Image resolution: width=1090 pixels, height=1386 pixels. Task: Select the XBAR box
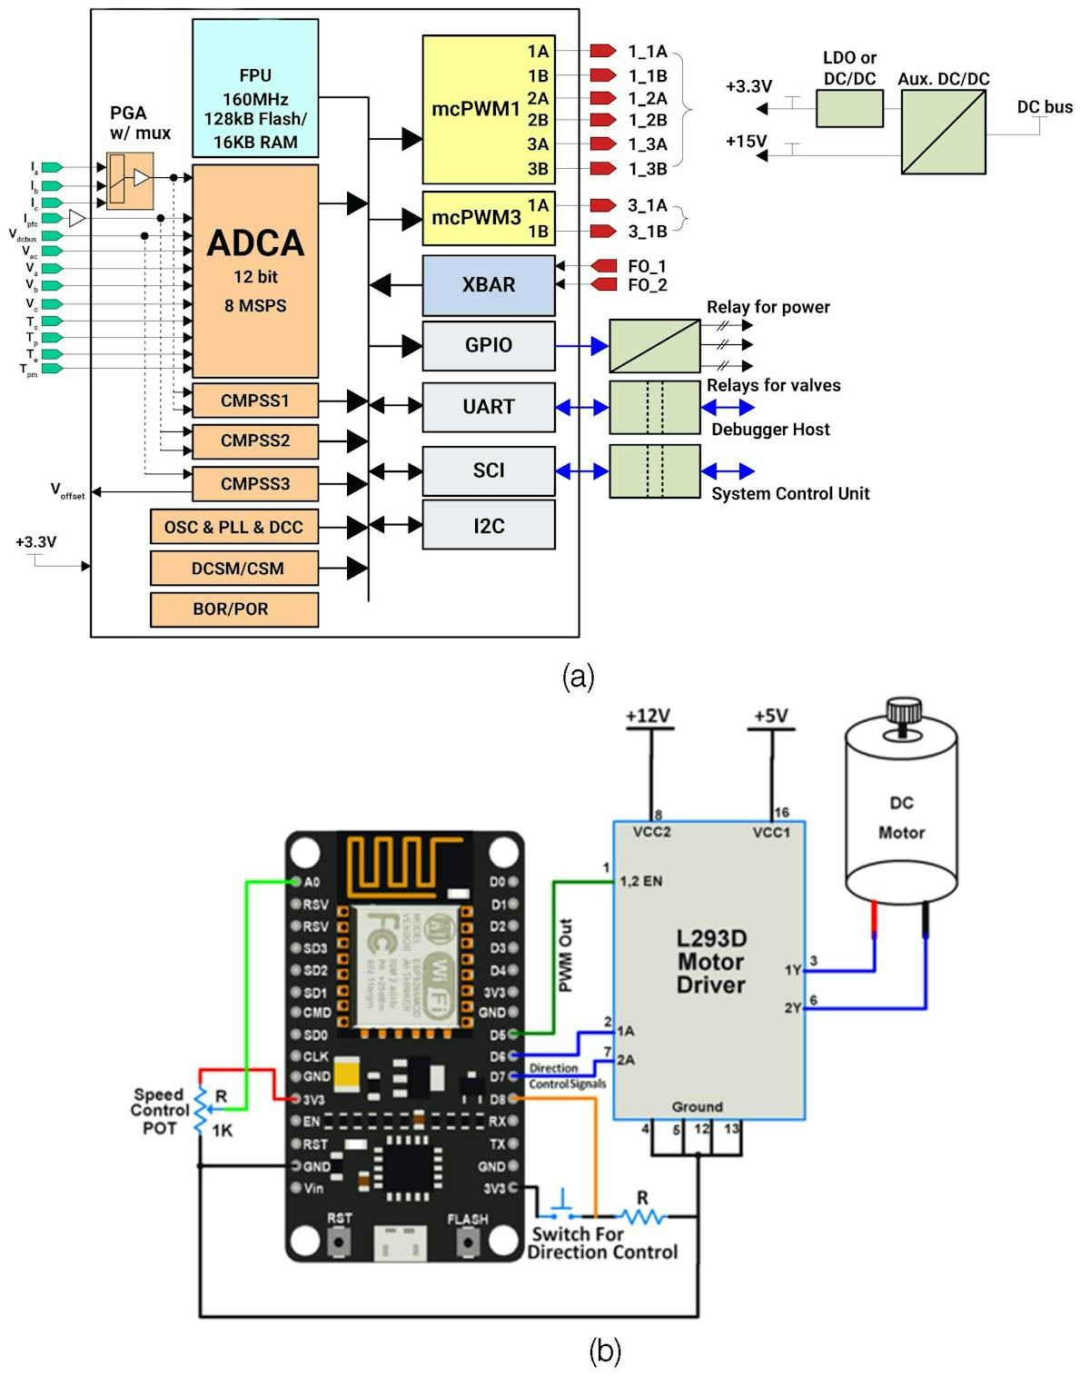[x=489, y=285]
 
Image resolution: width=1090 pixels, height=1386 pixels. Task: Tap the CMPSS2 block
[x=255, y=441]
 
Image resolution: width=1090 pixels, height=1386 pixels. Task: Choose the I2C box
[x=489, y=526]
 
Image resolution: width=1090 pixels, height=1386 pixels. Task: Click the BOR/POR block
[x=234, y=609]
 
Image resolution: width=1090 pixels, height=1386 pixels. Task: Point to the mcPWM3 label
[x=476, y=218]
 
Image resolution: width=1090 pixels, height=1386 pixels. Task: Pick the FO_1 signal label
[x=647, y=266]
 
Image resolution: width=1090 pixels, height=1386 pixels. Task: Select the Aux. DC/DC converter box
[x=943, y=132]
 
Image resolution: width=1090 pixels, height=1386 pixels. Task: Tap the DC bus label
[x=1045, y=107]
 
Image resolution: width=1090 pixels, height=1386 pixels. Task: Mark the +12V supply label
[x=649, y=717]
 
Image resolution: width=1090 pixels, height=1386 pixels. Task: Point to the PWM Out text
[x=566, y=955]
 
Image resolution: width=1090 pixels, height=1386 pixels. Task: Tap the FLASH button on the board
[x=468, y=1240]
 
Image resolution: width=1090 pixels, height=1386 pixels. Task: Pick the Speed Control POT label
[x=160, y=1111]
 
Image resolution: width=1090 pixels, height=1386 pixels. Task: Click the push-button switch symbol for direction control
[x=562, y=1209]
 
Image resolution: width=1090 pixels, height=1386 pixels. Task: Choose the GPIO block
[x=489, y=346]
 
